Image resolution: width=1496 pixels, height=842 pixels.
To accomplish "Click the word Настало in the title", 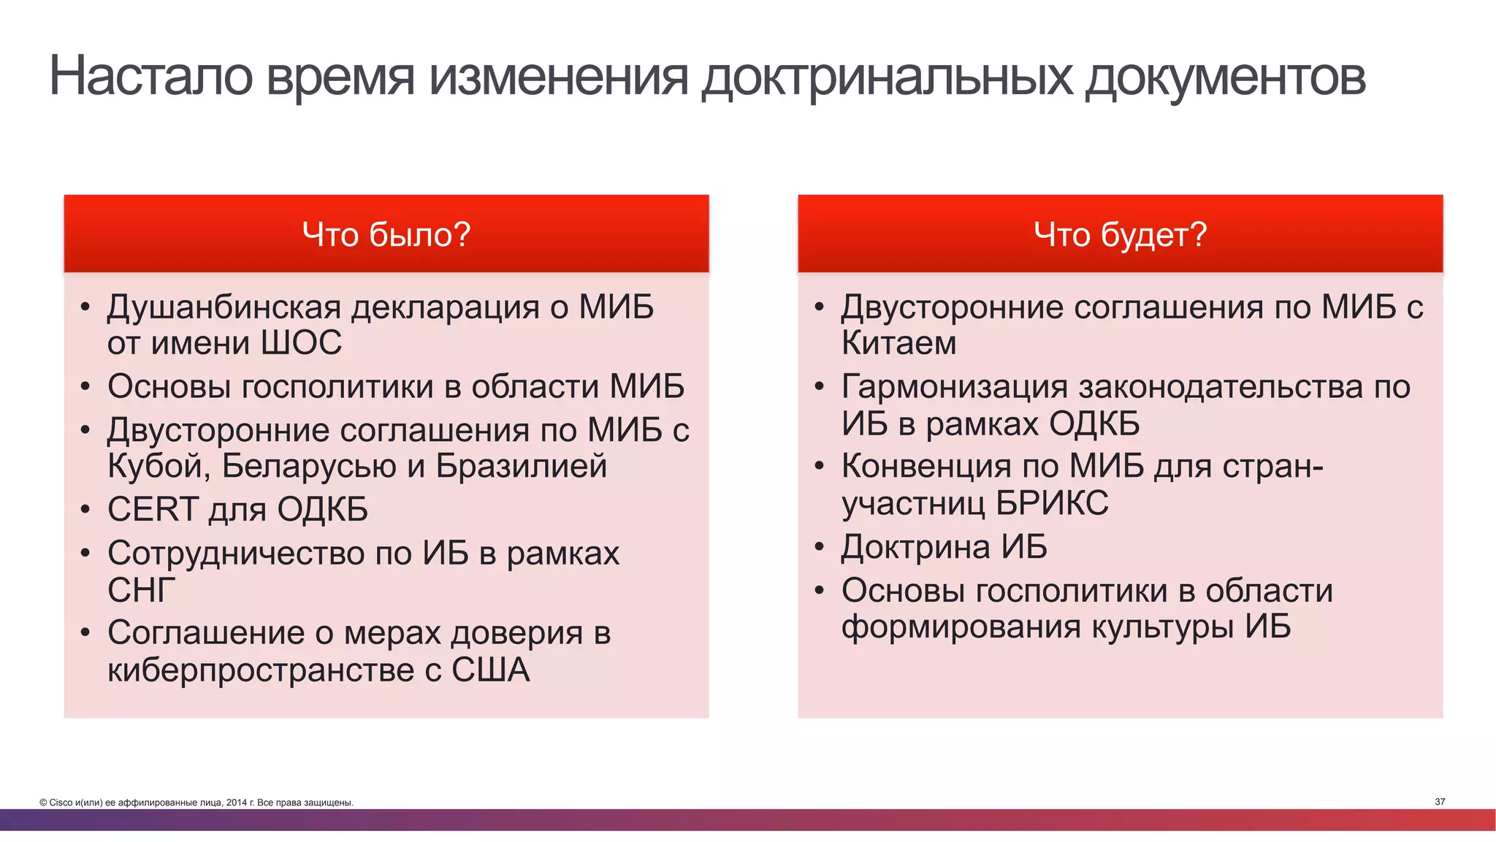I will [x=150, y=76].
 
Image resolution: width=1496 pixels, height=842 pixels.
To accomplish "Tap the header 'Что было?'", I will [x=386, y=234].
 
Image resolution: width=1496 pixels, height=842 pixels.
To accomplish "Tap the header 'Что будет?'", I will [x=1120, y=234].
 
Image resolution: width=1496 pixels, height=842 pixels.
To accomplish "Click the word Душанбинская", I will [x=224, y=307].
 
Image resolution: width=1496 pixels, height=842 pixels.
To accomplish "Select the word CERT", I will [x=153, y=509].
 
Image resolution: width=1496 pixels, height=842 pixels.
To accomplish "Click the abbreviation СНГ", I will [x=142, y=590].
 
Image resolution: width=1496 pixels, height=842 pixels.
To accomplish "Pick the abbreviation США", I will [x=490, y=670].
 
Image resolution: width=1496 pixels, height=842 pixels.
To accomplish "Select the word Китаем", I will [x=898, y=343].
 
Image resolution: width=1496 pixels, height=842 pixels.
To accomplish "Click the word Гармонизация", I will [x=955, y=387].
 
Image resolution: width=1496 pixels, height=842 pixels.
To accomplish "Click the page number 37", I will [x=1440, y=802].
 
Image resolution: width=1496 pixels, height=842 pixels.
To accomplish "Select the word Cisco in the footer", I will [x=61, y=803].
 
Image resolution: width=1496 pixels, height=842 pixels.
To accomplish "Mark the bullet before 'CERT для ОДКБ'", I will [x=85, y=510].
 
